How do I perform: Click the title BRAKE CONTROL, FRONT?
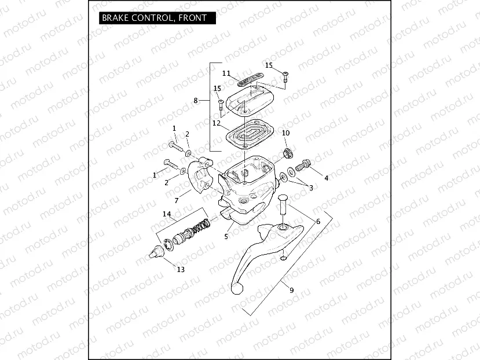point(154,18)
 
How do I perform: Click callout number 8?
point(196,101)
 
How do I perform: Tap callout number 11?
point(226,74)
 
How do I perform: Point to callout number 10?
point(285,134)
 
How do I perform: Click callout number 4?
point(327,178)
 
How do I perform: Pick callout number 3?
point(311,188)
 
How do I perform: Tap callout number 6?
point(317,222)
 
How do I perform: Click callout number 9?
point(291,290)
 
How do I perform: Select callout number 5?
point(226,236)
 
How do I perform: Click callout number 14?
point(167,214)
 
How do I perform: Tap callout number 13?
point(181,269)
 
